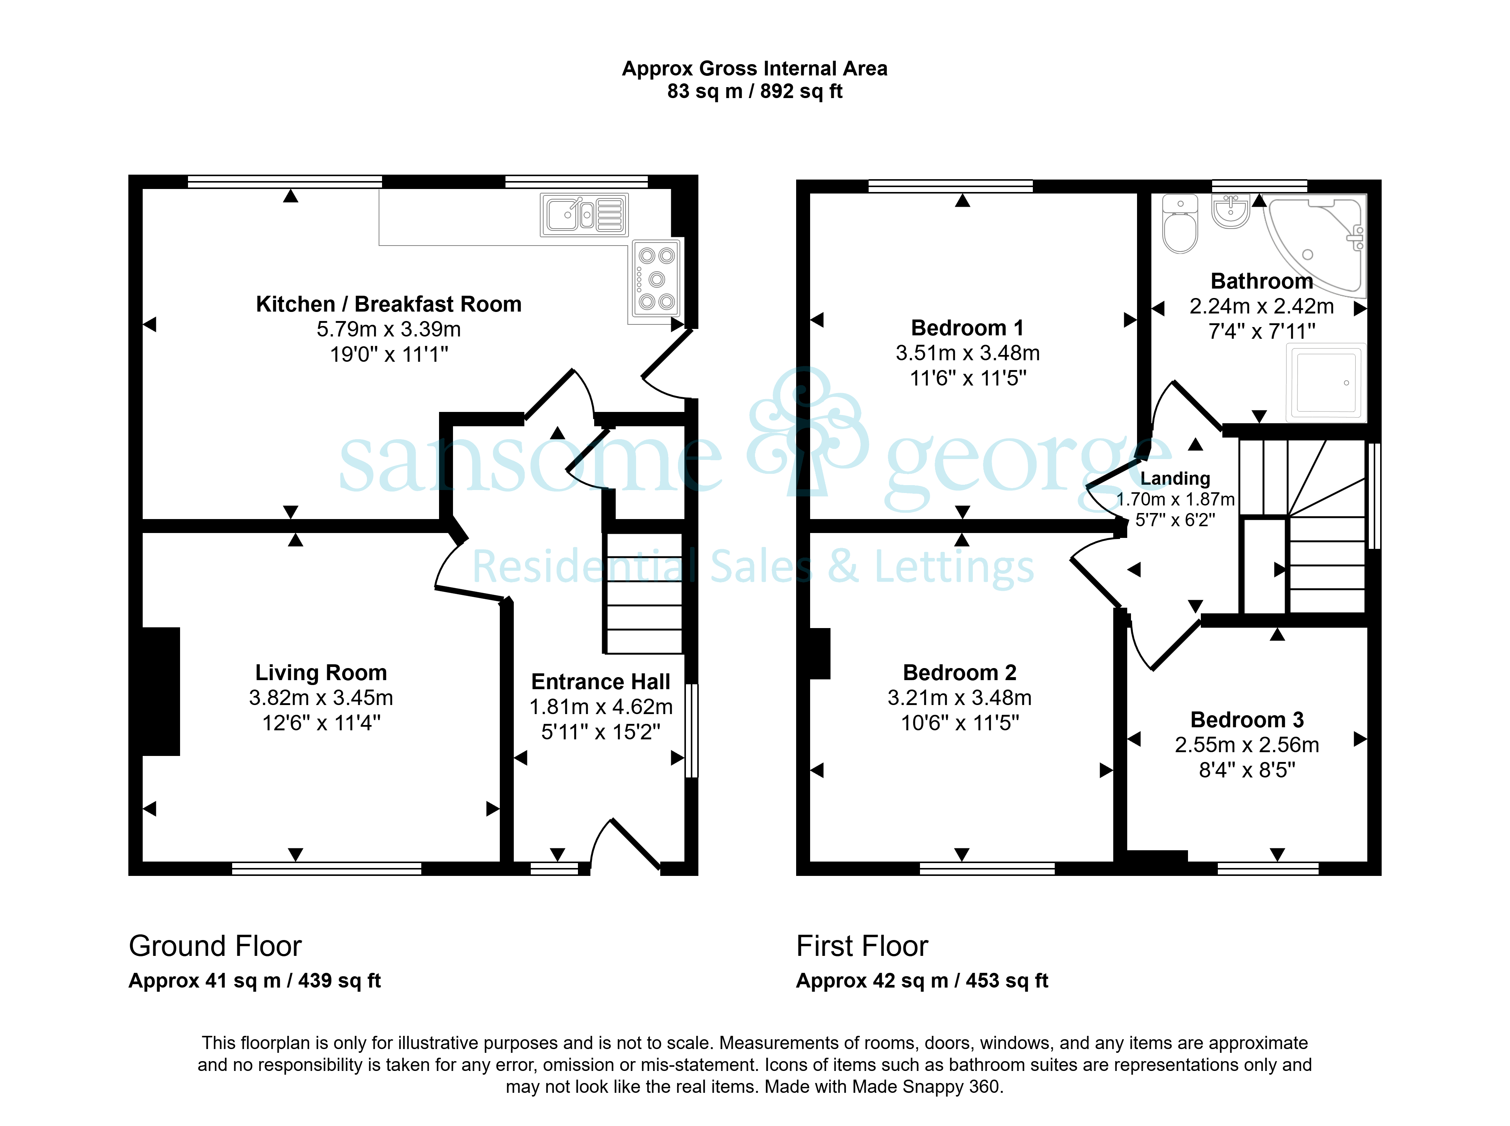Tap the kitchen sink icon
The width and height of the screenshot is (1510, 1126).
tap(584, 215)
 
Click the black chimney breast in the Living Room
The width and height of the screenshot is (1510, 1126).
tap(161, 691)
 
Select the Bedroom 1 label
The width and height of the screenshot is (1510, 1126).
tap(967, 328)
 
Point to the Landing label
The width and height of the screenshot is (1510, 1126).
tap(1175, 478)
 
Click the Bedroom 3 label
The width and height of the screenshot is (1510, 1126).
tap(1247, 720)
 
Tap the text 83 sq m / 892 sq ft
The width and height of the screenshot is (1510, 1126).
tap(754, 91)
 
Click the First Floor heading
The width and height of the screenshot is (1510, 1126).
tap(862, 946)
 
